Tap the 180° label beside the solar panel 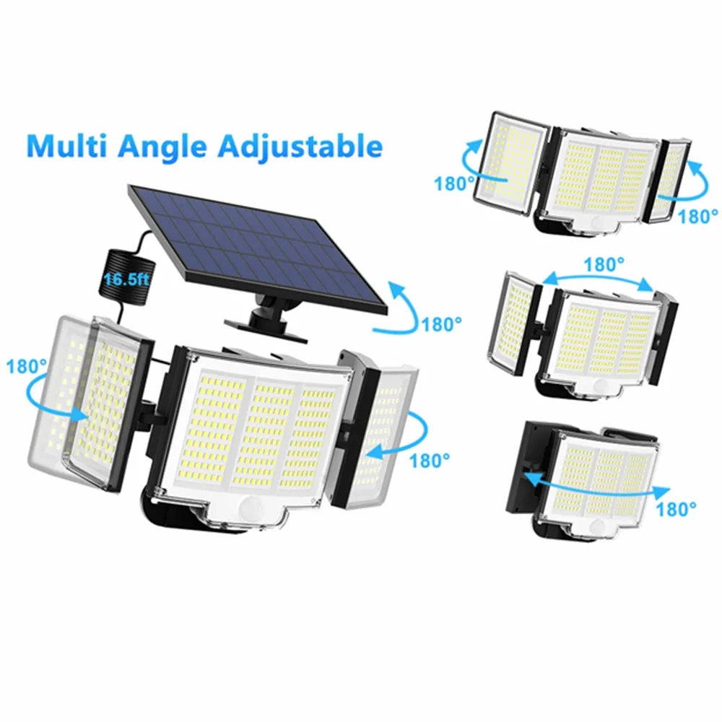pyautogui.click(x=442, y=324)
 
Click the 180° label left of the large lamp pyautogui.click(x=27, y=366)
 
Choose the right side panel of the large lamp pyautogui.click(x=378, y=426)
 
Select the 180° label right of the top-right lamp pyautogui.click(x=699, y=215)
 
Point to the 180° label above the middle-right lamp pyautogui.click(x=604, y=265)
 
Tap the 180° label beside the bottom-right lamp pyautogui.click(x=677, y=510)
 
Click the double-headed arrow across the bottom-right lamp pyautogui.click(x=591, y=484)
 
